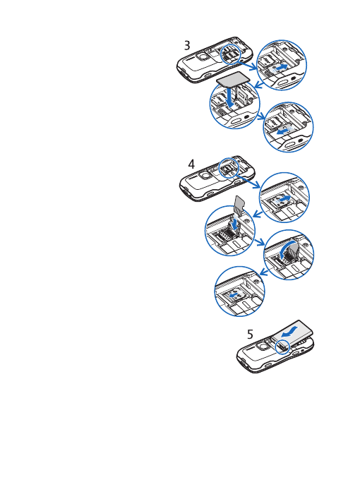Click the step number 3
(x=187, y=46)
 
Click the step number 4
(x=191, y=164)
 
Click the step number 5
(x=250, y=334)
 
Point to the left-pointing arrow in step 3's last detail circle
(x=283, y=131)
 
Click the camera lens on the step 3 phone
(x=203, y=57)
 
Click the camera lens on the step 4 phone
(x=203, y=176)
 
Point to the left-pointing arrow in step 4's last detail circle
(x=236, y=296)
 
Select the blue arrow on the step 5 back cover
(x=287, y=331)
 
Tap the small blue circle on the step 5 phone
(x=282, y=346)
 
